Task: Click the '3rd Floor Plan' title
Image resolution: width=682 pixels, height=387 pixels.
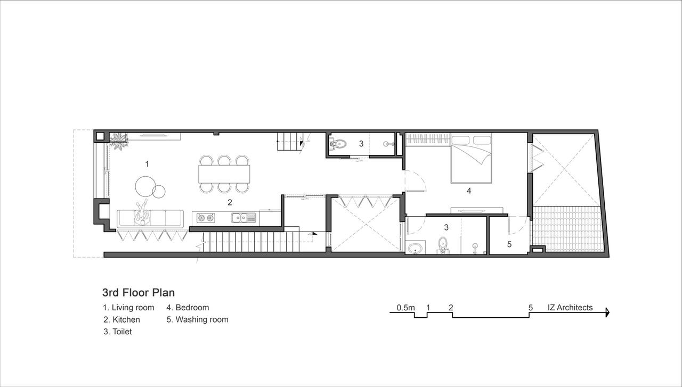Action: [139, 293]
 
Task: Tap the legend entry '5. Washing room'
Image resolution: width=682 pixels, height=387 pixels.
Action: [197, 319]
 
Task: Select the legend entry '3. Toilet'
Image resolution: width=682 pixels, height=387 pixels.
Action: [118, 331]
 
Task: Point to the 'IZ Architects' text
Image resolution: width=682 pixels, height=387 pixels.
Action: [570, 308]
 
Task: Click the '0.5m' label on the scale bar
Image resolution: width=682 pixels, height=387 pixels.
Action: [405, 308]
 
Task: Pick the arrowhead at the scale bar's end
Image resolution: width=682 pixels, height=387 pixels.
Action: [607, 312]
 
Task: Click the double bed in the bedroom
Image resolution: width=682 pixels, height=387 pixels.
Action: [472, 159]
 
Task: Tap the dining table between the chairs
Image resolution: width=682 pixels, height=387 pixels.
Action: [224, 174]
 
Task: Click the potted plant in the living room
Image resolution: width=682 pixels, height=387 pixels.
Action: [118, 141]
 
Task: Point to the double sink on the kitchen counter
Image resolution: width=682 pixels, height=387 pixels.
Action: [243, 218]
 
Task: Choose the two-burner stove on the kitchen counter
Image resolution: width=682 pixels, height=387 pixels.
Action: [206, 218]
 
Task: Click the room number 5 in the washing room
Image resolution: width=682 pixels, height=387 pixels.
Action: [509, 244]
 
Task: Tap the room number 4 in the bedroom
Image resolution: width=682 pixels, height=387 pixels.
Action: [469, 191]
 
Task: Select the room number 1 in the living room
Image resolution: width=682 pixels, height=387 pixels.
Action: [147, 164]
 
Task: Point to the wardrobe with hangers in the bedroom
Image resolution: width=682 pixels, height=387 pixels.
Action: [428, 139]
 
